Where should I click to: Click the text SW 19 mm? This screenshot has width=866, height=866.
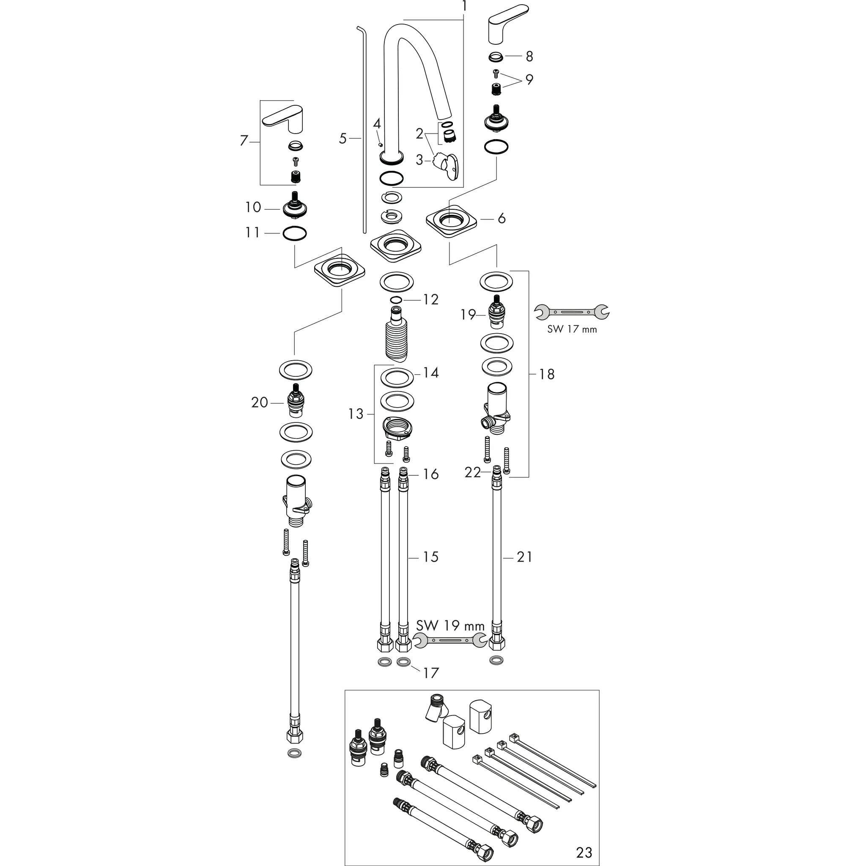450,625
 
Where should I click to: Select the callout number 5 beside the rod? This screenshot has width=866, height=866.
343,139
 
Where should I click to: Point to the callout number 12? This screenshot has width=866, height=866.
430,299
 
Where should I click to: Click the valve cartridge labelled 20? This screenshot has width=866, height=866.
294,400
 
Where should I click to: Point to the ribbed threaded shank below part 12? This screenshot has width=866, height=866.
396,336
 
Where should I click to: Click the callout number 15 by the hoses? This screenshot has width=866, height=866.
430,557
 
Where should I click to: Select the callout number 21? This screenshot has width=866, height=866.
524,557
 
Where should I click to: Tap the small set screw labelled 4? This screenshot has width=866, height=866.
380,144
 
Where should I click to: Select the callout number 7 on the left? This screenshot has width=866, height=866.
244,141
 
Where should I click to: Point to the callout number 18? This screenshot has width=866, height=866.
546,374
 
